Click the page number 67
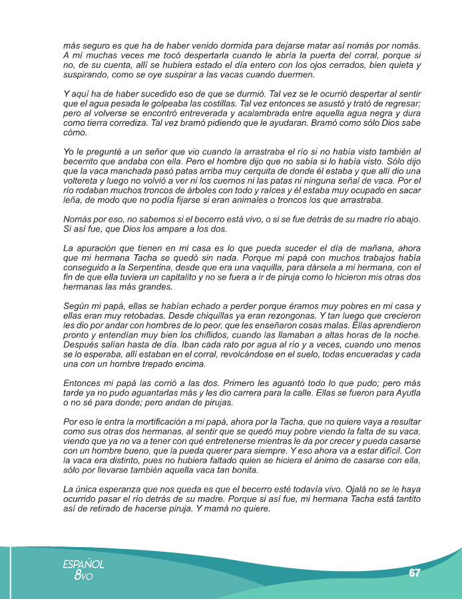[415, 573]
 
